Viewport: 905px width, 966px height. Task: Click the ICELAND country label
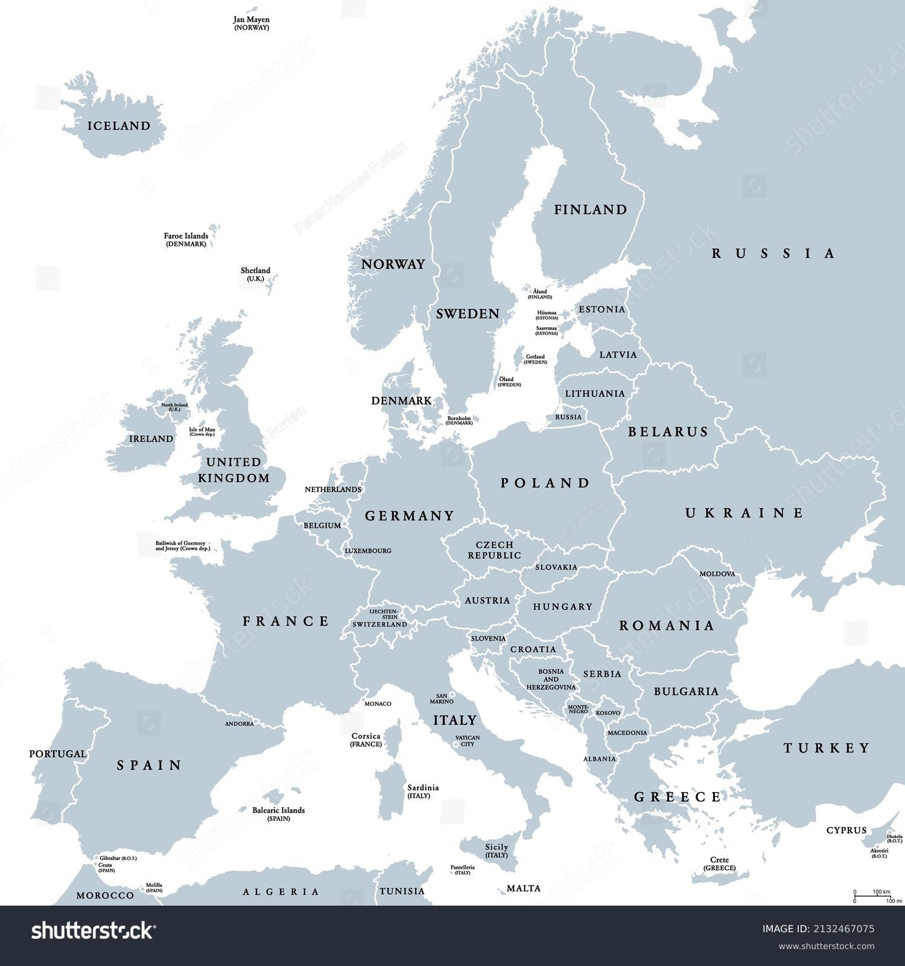pos(119,126)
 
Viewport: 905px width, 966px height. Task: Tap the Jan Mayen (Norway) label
pos(251,24)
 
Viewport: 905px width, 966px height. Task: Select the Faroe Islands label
pos(186,240)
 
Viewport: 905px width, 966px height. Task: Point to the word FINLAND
pos(591,210)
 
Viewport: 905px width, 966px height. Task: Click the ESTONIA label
pos(602,310)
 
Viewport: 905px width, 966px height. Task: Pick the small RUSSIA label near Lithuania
pos(568,417)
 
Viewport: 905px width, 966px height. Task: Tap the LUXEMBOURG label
pos(368,551)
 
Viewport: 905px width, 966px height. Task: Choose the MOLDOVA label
pos(717,574)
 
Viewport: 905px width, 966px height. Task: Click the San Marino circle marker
pos(453,695)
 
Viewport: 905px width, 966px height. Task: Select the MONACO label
pos(378,703)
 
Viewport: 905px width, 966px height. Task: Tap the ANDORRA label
pos(240,723)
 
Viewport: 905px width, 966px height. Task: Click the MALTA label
pos(523,888)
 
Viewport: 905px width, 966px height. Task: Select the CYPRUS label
pos(846,830)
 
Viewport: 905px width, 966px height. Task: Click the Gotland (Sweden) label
pos(535,359)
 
